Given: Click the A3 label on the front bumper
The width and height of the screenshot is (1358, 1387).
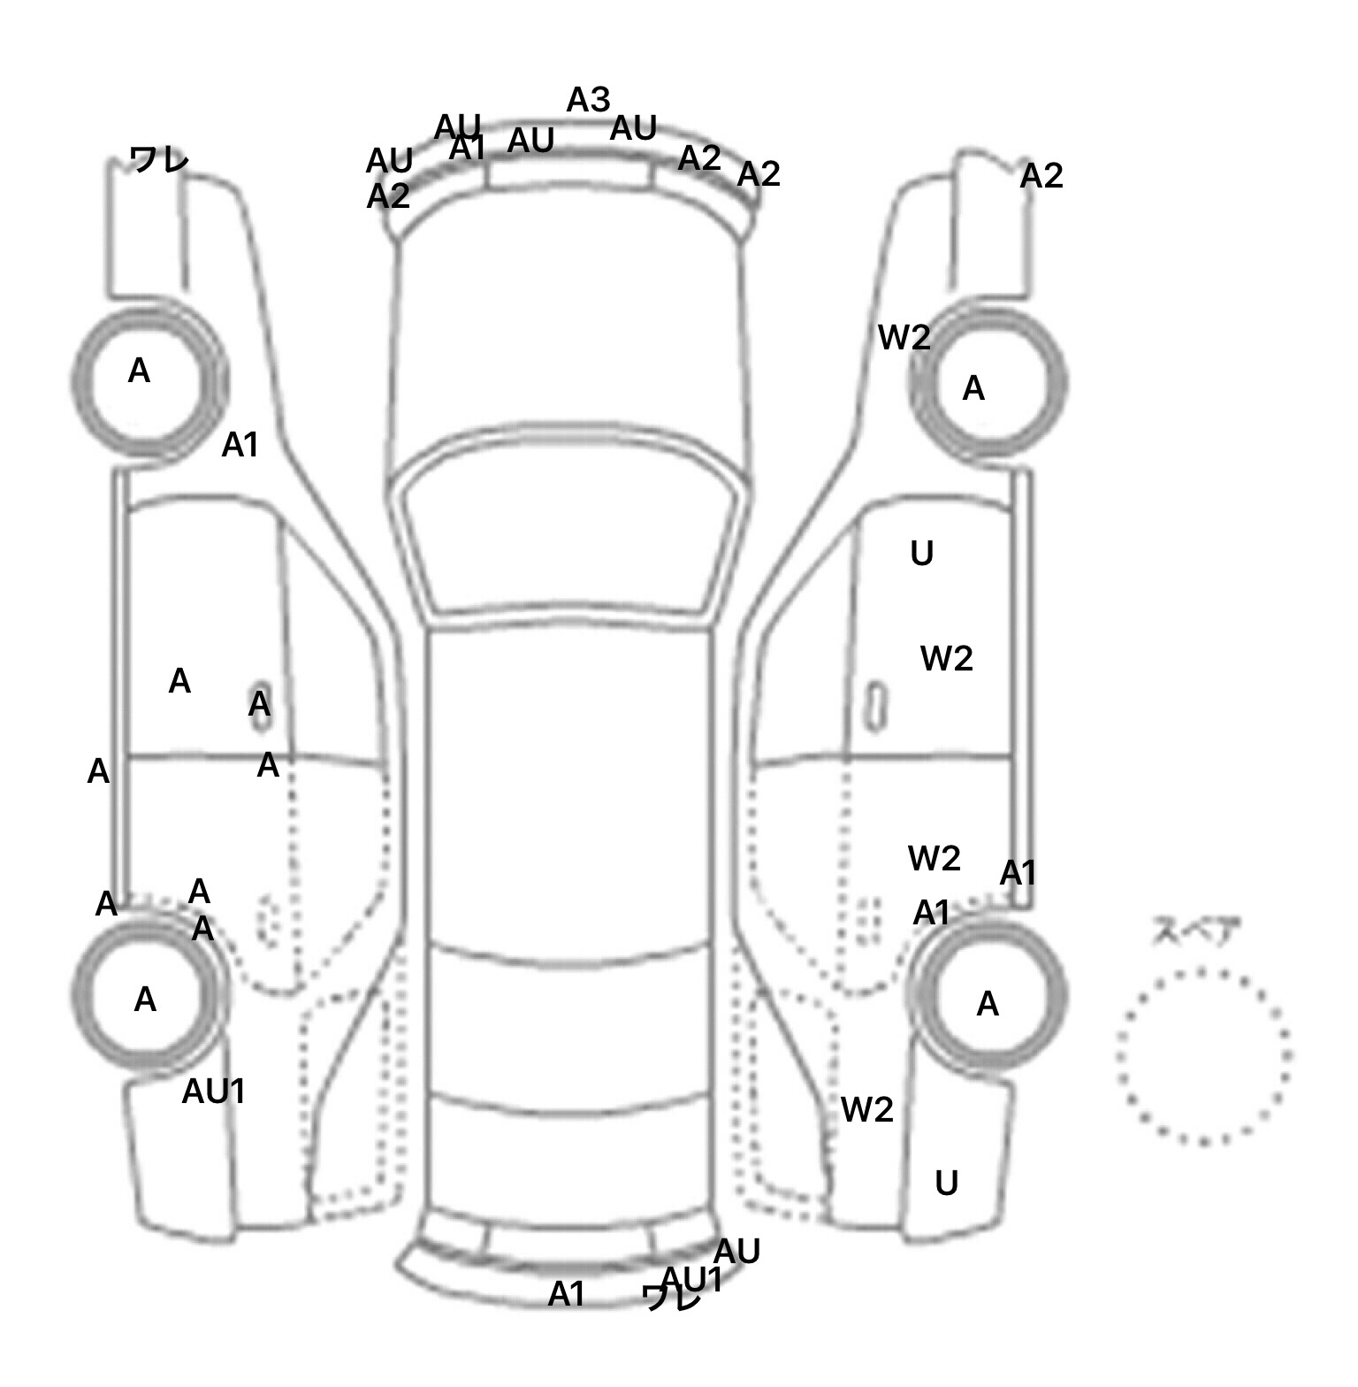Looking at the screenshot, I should [x=588, y=100].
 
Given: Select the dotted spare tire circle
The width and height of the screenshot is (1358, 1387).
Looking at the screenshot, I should [x=1203, y=1056].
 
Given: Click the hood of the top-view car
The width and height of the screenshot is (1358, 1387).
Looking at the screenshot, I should [x=570, y=336].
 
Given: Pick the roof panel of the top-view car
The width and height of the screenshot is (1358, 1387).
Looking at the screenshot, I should [x=570, y=787].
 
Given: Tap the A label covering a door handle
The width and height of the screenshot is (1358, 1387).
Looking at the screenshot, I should [x=259, y=705].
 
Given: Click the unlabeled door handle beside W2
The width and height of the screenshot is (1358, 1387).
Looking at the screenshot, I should [x=876, y=705].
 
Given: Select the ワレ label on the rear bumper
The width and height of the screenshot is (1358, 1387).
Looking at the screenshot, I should [x=671, y=1299].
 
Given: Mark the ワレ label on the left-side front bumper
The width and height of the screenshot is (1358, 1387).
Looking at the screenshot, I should [x=159, y=160].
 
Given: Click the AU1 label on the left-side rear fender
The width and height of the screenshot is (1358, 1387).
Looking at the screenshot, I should [x=213, y=1092].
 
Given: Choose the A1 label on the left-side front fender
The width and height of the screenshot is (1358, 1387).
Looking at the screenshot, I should [x=240, y=446].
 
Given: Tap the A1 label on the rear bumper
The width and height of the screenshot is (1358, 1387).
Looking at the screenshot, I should [x=567, y=1295].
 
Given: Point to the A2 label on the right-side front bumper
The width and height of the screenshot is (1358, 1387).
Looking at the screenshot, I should [x=1041, y=177].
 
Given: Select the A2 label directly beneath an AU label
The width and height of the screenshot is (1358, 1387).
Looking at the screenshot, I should [x=388, y=196].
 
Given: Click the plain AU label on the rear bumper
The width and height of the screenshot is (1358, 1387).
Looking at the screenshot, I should [x=736, y=1252].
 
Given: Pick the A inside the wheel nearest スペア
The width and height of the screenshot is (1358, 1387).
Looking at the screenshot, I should [x=988, y=1004].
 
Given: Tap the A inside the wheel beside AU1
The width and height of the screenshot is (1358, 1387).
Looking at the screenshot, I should [x=145, y=1000].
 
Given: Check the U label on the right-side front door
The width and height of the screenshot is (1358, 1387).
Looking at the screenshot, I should [x=921, y=554].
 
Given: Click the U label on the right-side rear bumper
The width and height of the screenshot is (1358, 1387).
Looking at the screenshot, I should [x=946, y=1184].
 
